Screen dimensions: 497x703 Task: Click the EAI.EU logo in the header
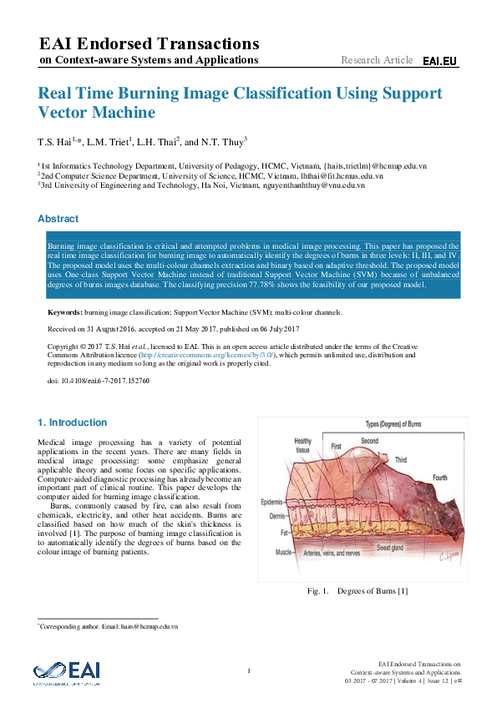439,61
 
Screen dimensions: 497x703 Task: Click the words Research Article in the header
377,60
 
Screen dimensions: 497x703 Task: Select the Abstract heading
58,219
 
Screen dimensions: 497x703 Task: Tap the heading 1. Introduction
73,422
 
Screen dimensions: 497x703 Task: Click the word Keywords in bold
65,312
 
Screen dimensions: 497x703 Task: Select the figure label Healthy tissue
302,445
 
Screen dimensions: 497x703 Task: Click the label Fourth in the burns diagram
441,478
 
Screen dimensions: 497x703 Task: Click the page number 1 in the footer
249,670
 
